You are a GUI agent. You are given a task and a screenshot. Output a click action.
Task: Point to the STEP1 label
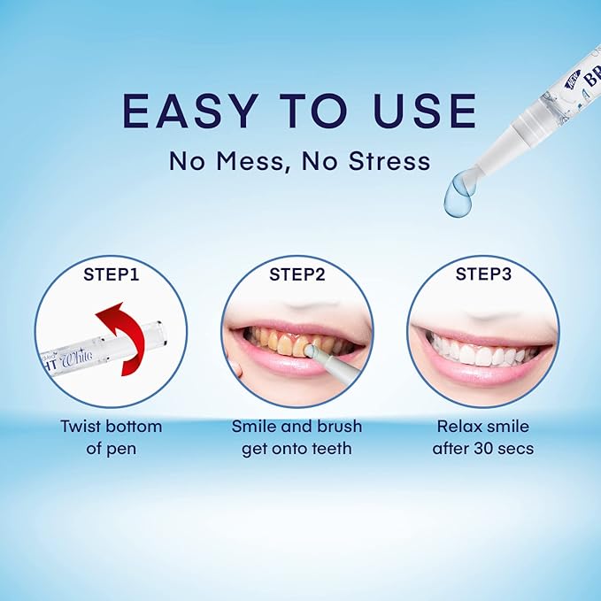tap(111, 274)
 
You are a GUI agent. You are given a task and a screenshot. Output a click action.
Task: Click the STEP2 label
tap(297, 274)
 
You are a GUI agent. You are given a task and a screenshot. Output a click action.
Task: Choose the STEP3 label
tap(482, 274)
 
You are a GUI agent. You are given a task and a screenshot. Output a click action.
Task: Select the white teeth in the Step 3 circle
tap(478, 351)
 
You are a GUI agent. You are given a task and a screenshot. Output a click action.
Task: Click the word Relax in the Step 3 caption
tap(458, 426)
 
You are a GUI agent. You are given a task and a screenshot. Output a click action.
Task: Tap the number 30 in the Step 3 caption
tap(483, 448)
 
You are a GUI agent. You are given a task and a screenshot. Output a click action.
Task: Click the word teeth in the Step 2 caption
tap(330, 448)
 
